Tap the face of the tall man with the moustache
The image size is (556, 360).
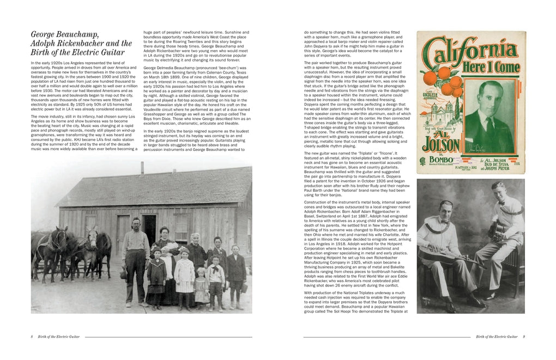point(132,223)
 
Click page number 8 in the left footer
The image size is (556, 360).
point(32,337)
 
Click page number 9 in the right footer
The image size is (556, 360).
point(524,337)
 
